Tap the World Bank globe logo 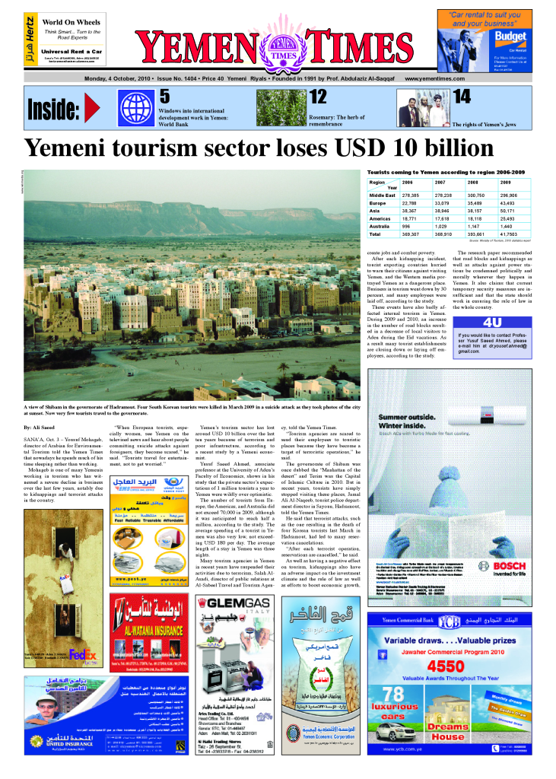[136, 107]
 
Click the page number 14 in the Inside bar [462, 97]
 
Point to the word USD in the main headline [344, 149]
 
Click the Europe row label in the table [377, 203]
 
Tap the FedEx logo [81, 653]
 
